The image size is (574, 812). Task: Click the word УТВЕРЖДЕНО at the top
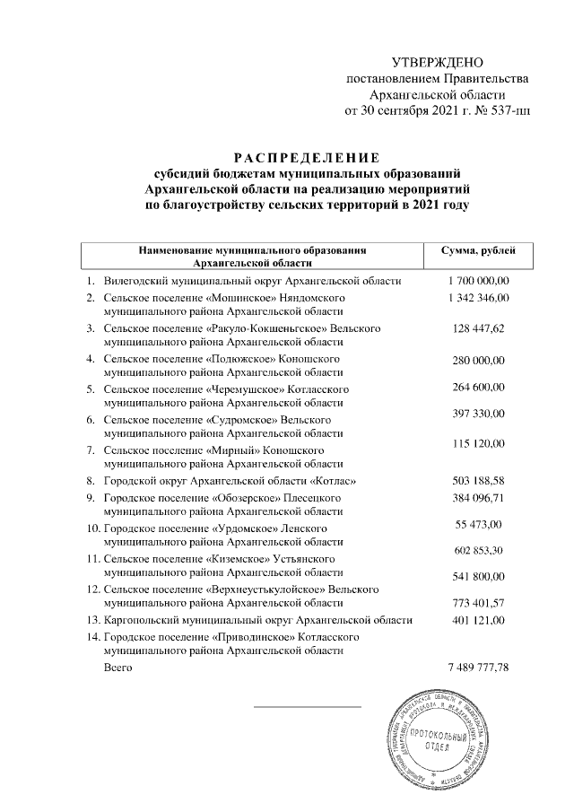[438, 62]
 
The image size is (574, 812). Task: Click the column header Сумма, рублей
[479, 250]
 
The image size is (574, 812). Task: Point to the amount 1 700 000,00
[479, 281]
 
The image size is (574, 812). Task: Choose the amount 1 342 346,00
[479, 297]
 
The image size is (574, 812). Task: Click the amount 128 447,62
[479, 329]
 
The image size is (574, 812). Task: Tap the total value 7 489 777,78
[478, 668]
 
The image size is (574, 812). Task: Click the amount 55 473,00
[479, 524]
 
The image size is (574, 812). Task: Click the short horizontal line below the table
[307, 706]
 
